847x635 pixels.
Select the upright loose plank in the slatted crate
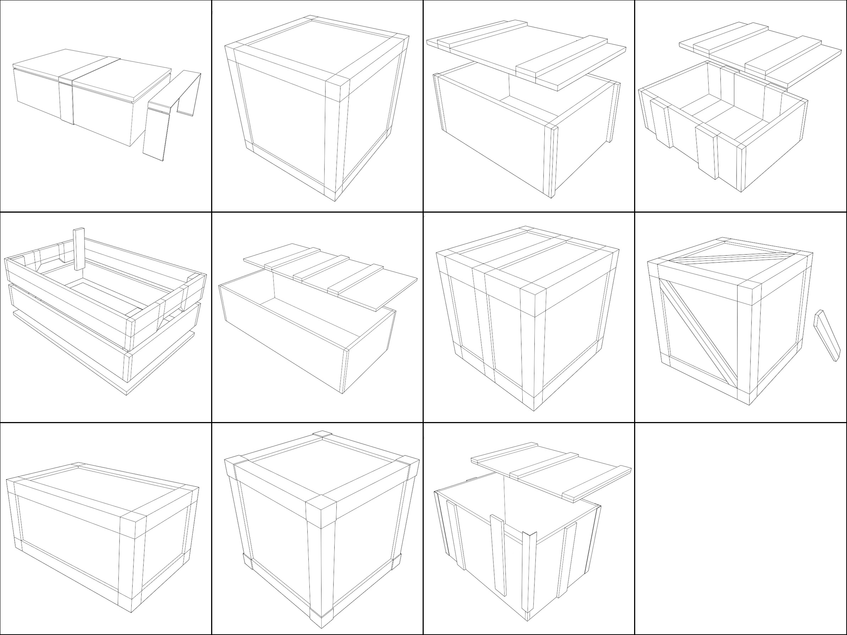[x=79, y=249]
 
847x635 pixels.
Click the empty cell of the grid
[x=741, y=529]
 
